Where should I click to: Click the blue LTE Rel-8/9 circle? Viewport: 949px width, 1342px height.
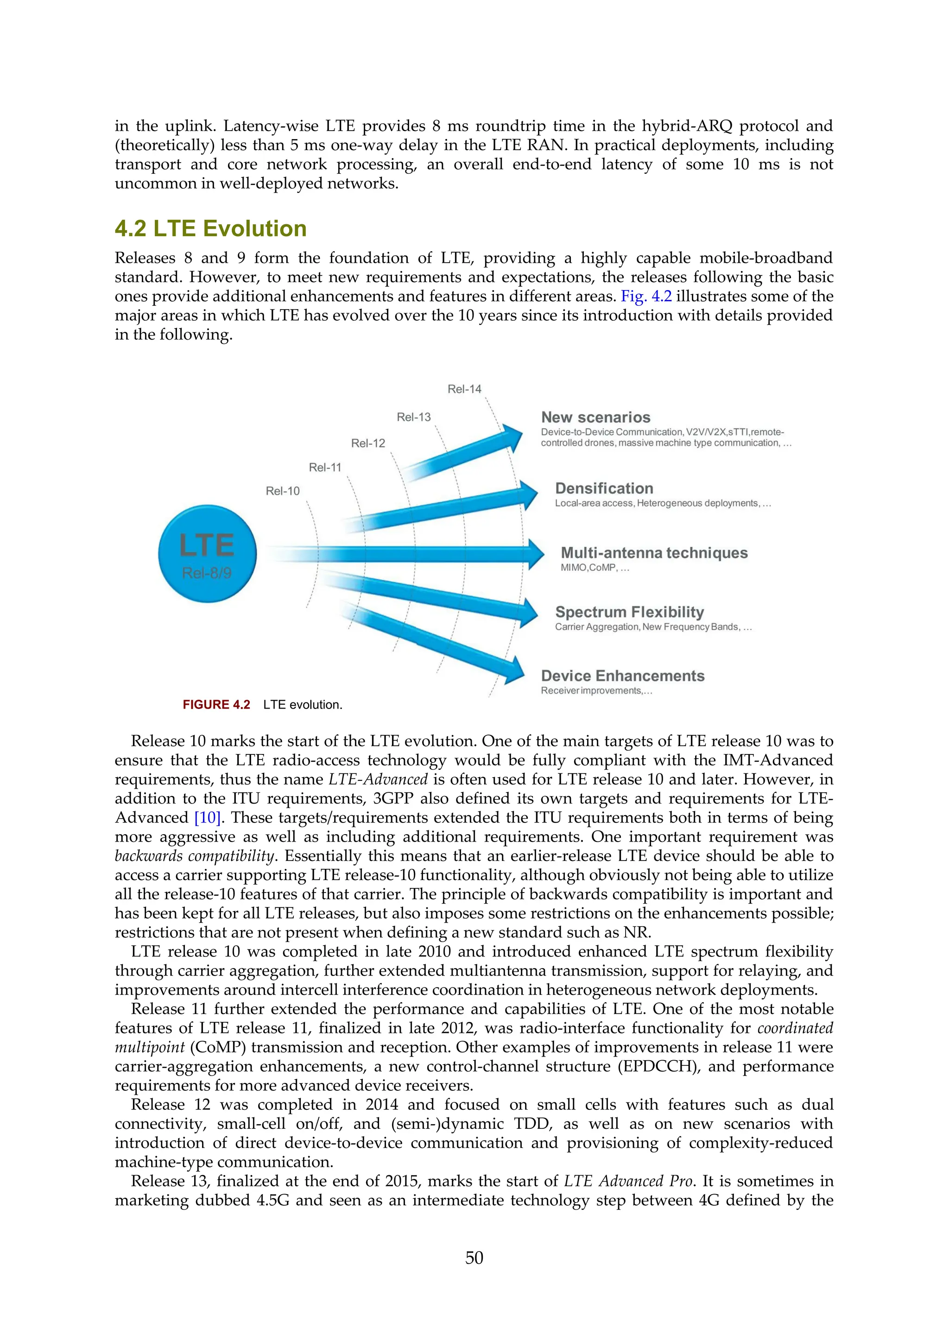pos(208,553)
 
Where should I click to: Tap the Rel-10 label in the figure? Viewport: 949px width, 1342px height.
pos(282,491)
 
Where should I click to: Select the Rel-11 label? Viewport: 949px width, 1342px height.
pos(325,467)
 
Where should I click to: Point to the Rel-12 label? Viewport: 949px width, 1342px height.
pos(368,443)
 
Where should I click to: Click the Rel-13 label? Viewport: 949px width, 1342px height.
pos(414,417)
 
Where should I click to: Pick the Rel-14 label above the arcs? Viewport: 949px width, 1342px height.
pos(465,389)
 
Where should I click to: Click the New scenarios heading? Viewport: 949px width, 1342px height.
pos(595,418)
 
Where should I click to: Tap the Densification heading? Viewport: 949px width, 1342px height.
pos(604,488)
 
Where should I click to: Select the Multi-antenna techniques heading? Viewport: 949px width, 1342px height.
pos(654,552)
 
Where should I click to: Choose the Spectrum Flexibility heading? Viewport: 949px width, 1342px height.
pos(629,612)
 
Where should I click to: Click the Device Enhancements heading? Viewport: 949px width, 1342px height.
pos(622,676)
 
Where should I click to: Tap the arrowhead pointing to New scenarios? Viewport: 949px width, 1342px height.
pos(513,437)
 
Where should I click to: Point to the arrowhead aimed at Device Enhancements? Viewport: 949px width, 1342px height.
pos(515,670)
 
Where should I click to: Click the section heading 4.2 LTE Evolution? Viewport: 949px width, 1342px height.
pos(210,228)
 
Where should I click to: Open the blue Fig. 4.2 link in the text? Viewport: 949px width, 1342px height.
pos(645,296)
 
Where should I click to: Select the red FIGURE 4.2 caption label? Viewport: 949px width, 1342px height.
pos(216,704)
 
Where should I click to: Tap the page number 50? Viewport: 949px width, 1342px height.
pos(474,1257)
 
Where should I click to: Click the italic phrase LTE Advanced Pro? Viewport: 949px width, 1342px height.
pos(628,1181)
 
